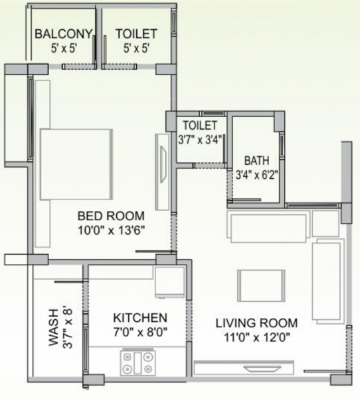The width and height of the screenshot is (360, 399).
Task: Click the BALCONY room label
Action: (58, 33)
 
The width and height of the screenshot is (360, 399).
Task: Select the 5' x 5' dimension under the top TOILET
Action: (136, 48)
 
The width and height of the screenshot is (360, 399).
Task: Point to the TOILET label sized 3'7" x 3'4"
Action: (200, 125)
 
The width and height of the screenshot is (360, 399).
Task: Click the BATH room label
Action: (256, 161)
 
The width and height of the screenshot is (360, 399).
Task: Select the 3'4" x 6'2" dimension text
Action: (256, 176)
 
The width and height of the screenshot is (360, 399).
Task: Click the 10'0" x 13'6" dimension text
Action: (111, 229)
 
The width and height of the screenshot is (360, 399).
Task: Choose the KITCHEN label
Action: (139, 318)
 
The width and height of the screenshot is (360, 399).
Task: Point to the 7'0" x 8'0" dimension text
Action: (139, 332)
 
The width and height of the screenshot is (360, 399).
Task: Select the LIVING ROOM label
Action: (256, 323)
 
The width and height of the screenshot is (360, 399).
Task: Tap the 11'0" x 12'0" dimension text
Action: (256, 337)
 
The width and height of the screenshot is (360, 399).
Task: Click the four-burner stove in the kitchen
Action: (137, 362)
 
